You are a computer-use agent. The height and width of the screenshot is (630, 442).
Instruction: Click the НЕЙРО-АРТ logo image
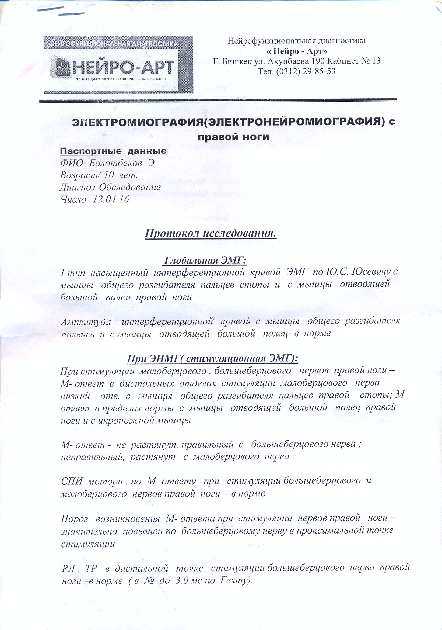click(x=118, y=65)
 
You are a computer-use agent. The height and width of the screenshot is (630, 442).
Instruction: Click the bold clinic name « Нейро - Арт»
click(x=297, y=51)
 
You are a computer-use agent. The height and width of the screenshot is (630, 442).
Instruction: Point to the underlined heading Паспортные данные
click(x=113, y=151)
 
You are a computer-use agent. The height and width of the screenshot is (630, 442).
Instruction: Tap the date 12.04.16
click(x=111, y=199)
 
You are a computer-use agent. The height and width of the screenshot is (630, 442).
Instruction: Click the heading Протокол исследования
click(x=210, y=234)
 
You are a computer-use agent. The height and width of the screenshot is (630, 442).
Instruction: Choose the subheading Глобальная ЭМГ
click(x=205, y=260)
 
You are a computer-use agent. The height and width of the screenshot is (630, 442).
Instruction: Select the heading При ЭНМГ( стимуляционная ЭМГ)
click(x=212, y=359)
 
